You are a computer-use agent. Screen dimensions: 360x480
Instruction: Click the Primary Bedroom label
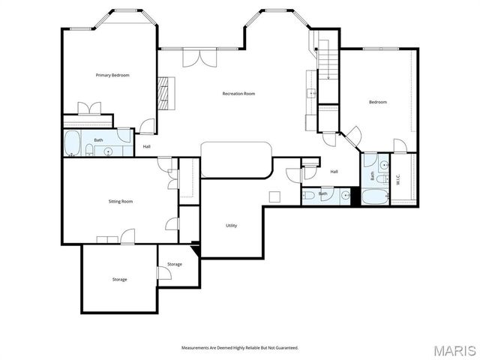click(112, 75)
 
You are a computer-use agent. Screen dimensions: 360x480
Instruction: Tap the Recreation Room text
click(238, 94)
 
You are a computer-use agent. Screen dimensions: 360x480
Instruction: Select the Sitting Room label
click(121, 201)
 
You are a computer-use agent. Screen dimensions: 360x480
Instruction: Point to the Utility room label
click(232, 226)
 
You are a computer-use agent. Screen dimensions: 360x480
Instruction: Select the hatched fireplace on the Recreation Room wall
click(165, 90)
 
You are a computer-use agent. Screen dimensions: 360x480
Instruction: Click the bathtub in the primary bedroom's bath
click(73, 142)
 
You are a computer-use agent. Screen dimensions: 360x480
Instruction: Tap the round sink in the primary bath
click(109, 151)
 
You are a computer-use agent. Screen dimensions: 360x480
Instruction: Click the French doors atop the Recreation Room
click(196, 58)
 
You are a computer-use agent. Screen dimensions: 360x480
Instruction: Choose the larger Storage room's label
click(119, 280)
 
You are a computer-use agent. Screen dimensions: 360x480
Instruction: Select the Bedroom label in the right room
click(377, 102)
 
